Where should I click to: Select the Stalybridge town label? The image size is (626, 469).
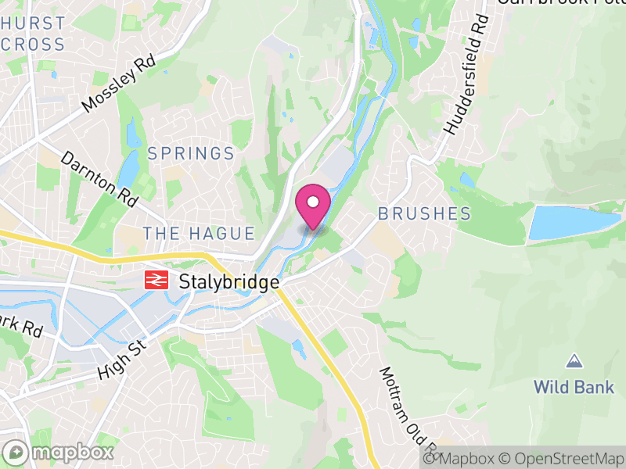pos(229,282)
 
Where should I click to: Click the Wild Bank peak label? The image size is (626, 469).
pos(574,386)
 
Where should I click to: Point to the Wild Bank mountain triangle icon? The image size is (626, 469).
pos(574,361)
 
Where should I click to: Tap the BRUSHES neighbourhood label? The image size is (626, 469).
pos(424,213)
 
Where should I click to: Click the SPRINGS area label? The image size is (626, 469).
pos(191,153)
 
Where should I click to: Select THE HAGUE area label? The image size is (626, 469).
pos(199,234)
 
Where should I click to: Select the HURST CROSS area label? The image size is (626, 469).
pos(33,34)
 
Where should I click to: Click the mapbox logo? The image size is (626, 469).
pos(58,452)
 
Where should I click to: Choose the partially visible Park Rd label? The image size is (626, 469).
pos(20,327)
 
